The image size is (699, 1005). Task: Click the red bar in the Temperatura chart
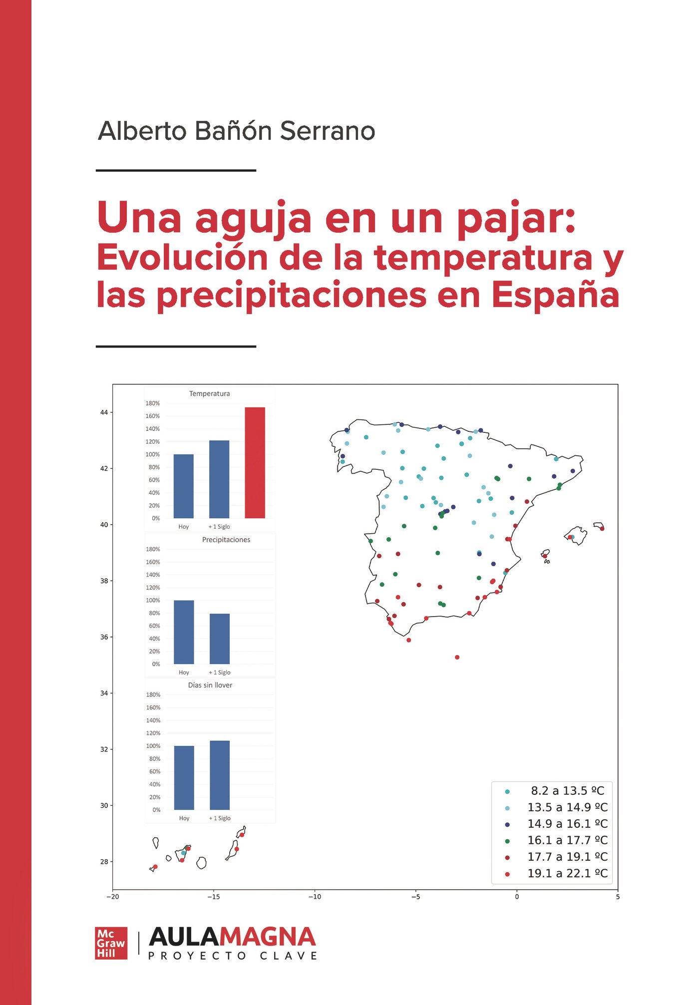pyautogui.click(x=255, y=462)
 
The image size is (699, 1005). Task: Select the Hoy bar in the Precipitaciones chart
pyautogui.click(x=184, y=632)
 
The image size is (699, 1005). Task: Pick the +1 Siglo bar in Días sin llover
pyautogui.click(x=220, y=775)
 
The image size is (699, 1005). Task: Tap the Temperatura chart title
pyautogui.click(x=210, y=393)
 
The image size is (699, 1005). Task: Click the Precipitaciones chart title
pyautogui.click(x=226, y=540)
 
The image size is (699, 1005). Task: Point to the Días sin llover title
pyautogui.click(x=210, y=685)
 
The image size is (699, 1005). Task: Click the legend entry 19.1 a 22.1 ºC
pyautogui.click(x=567, y=873)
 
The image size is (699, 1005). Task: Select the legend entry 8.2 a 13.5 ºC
pyautogui.click(x=567, y=790)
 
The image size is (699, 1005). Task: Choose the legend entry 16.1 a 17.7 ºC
pyautogui.click(x=567, y=840)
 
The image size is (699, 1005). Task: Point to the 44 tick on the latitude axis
pyautogui.click(x=104, y=412)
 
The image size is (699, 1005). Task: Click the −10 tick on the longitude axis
pyautogui.click(x=315, y=896)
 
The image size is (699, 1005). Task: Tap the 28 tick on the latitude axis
pyautogui.click(x=104, y=861)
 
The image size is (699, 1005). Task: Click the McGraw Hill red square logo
pyautogui.click(x=111, y=943)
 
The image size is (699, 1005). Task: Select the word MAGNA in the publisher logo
pyautogui.click(x=268, y=937)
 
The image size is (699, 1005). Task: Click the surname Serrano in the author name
pyautogui.click(x=327, y=131)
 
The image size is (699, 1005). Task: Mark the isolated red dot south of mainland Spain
pyautogui.click(x=457, y=657)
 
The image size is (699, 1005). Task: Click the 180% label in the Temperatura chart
pyautogui.click(x=153, y=403)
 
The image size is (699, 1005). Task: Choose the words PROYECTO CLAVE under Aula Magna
pyautogui.click(x=233, y=956)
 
